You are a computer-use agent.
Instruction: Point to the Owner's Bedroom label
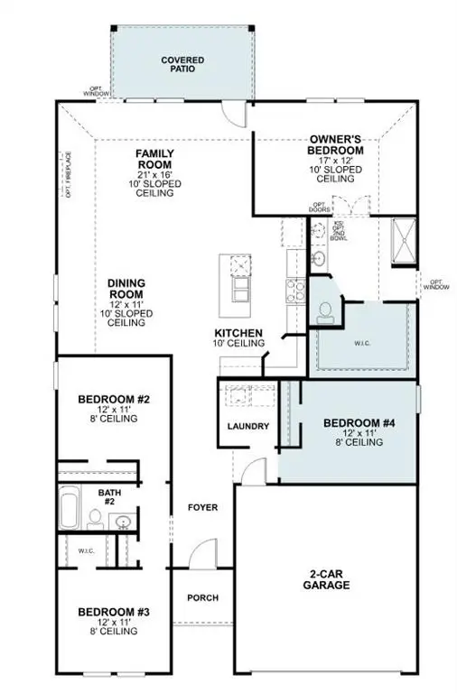point(336,144)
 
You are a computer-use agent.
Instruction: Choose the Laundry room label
point(248,426)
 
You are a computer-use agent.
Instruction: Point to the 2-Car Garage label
point(327,578)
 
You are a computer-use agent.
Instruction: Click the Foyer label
point(202,507)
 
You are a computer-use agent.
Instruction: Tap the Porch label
point(202,597)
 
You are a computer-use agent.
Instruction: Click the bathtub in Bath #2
point(70,509)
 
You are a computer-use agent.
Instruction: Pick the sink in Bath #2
point(124,521)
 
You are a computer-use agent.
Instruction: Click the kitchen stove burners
point(294,290)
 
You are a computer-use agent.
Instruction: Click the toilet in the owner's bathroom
point(325,311)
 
